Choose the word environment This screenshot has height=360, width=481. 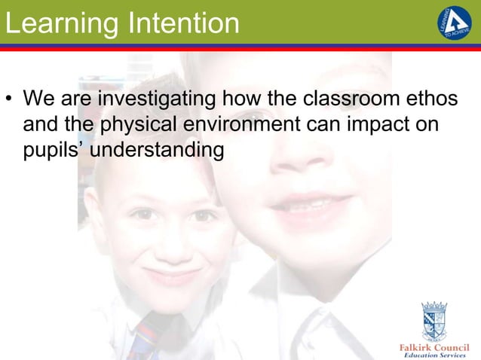[246, 124]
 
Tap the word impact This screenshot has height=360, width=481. [382, 125]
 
